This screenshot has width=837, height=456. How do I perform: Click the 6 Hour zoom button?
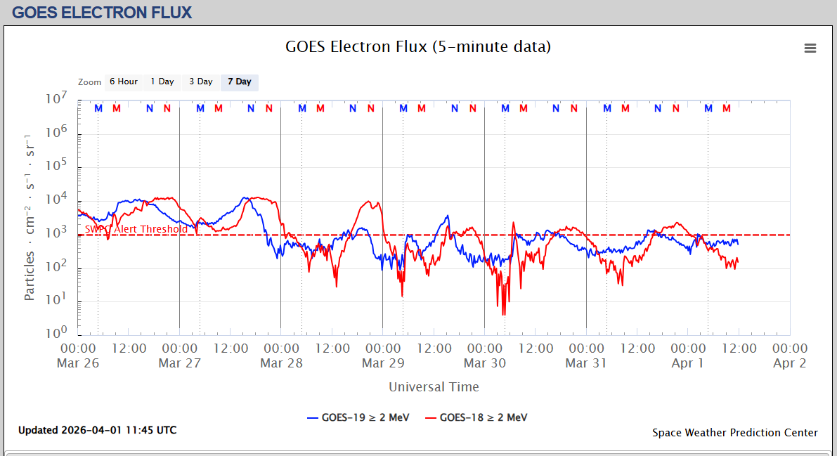coord(123,82)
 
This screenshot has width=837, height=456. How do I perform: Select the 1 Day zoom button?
coord(162,82)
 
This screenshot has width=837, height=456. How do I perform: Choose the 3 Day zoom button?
coord(201,82)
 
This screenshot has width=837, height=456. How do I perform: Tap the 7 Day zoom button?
coord(240,82)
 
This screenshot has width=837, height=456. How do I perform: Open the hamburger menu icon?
coord(810,48)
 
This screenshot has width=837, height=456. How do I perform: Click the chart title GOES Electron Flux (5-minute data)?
coord(418,47)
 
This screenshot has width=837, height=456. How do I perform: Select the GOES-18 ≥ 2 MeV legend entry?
coord(476,417)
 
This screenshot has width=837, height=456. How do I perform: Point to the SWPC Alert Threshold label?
coord(136,229)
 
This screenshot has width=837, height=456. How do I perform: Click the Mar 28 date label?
coord(281,363)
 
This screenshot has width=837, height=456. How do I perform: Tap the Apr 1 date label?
coord(687,363)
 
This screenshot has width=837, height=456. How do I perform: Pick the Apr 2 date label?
coord(789,363)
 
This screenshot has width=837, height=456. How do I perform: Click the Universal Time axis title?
coord(434,387)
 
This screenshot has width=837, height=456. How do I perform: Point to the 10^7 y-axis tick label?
coord(56,100)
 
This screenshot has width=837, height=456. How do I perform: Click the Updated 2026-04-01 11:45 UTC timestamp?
coord(97,430)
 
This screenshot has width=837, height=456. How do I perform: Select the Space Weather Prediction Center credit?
coord(735,433)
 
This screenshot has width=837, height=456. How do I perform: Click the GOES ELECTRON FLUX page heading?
coord(102,12)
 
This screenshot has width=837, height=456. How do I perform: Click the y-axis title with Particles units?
coord(30,216)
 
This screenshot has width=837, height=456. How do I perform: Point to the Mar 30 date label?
coord(485,363)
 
